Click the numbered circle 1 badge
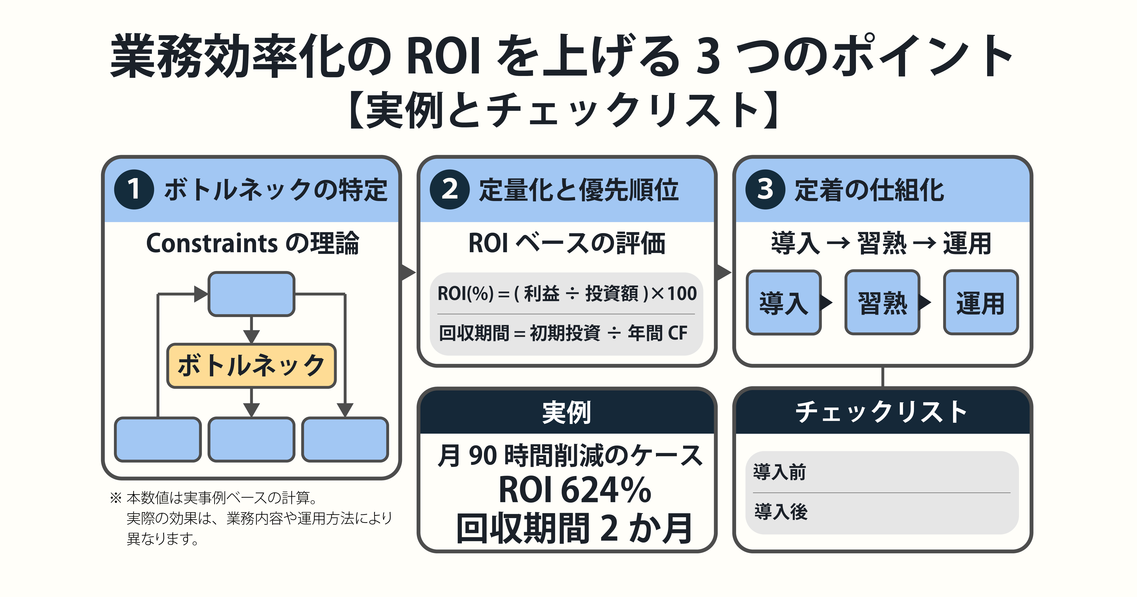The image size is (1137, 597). pos(134,189)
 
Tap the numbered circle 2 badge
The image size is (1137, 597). pos(449,189)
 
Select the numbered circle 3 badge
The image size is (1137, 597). pos(765,189)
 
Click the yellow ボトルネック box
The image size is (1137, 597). pos(251,366)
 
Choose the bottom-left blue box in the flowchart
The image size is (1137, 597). pos(158,439)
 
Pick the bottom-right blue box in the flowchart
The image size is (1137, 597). pos(345,439)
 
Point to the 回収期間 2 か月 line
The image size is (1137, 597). pos(574,529)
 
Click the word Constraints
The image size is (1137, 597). pos(212,243)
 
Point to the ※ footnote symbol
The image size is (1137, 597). pos(116,498)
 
